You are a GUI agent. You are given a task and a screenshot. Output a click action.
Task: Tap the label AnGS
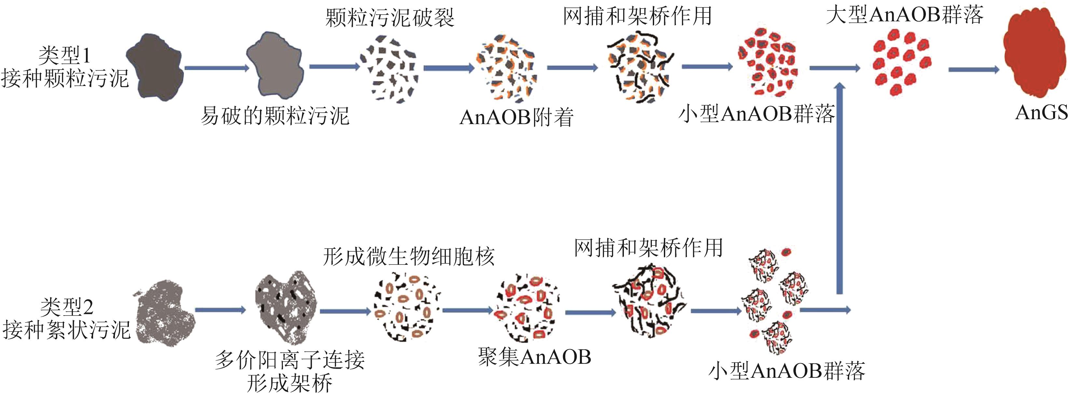(1041, 112)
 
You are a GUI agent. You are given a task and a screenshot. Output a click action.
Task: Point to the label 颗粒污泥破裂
(390, 18)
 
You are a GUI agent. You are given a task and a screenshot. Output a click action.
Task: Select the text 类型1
(64, 55)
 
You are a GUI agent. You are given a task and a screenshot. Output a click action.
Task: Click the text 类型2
(66, 307)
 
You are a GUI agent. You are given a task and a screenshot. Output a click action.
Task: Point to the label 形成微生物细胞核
(408, 256)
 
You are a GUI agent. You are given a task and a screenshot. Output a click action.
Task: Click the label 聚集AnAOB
(534, 357)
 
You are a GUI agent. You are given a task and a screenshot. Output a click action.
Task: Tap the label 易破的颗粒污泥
(274, 116)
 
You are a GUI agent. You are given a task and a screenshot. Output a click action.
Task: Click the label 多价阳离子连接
(290, 360)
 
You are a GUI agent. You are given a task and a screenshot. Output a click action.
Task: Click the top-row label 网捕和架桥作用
(637, 17)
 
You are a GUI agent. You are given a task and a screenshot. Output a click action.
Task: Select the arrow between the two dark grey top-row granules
(216, 67)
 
